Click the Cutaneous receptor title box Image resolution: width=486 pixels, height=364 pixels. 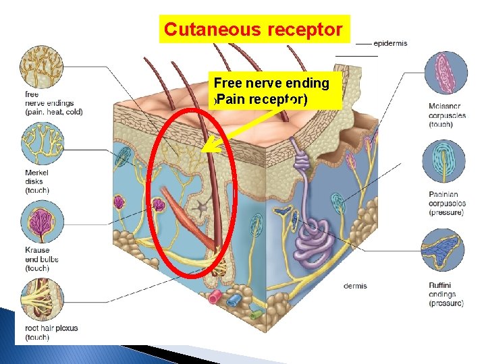click(x=254, y=30)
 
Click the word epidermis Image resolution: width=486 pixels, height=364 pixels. click(x=390, y=44)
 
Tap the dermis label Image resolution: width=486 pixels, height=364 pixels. click(x=355, y=286)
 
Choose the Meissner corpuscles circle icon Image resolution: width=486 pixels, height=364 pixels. click(x=445, y=74)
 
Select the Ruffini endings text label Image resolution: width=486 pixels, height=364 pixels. click(x=446, y=294)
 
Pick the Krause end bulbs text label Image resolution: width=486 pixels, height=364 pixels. click(x=42, y=259)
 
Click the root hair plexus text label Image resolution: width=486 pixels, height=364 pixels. click(x=51, y=332)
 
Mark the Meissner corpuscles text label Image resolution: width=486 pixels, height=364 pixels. click(x=447, y=115)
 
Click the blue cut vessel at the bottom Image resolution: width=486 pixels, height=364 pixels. click(x=234, y=300)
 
